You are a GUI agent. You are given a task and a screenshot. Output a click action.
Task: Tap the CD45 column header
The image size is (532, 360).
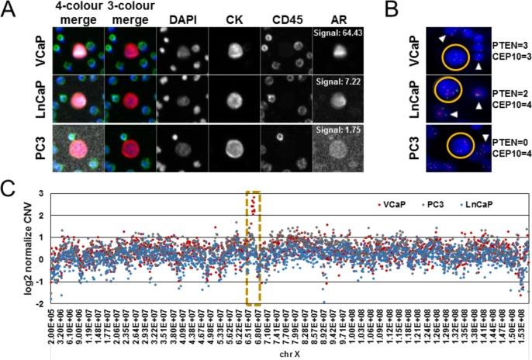click(x=281, y=17)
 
